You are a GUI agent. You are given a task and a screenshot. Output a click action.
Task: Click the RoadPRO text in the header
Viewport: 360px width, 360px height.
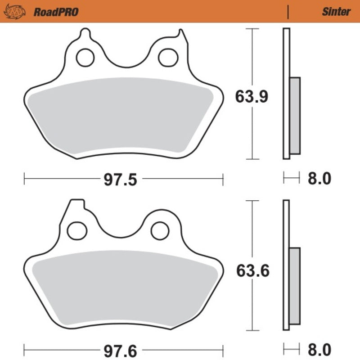(x=56, y=12)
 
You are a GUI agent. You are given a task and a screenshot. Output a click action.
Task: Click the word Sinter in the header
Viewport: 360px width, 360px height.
(x=336, y=12)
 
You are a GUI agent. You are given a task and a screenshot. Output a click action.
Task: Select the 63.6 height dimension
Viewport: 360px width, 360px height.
(x=252, y=271)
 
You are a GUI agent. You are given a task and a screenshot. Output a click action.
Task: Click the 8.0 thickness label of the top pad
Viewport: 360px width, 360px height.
(x=319, y=179)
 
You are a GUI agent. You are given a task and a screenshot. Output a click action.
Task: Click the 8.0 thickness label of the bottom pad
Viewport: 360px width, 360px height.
(x=319, y=350)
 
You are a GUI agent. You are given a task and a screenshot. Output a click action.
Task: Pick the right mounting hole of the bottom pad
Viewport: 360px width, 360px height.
(x=159, y=230)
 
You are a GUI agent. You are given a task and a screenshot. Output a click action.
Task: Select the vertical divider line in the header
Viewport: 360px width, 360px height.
(x=288, y=12)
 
